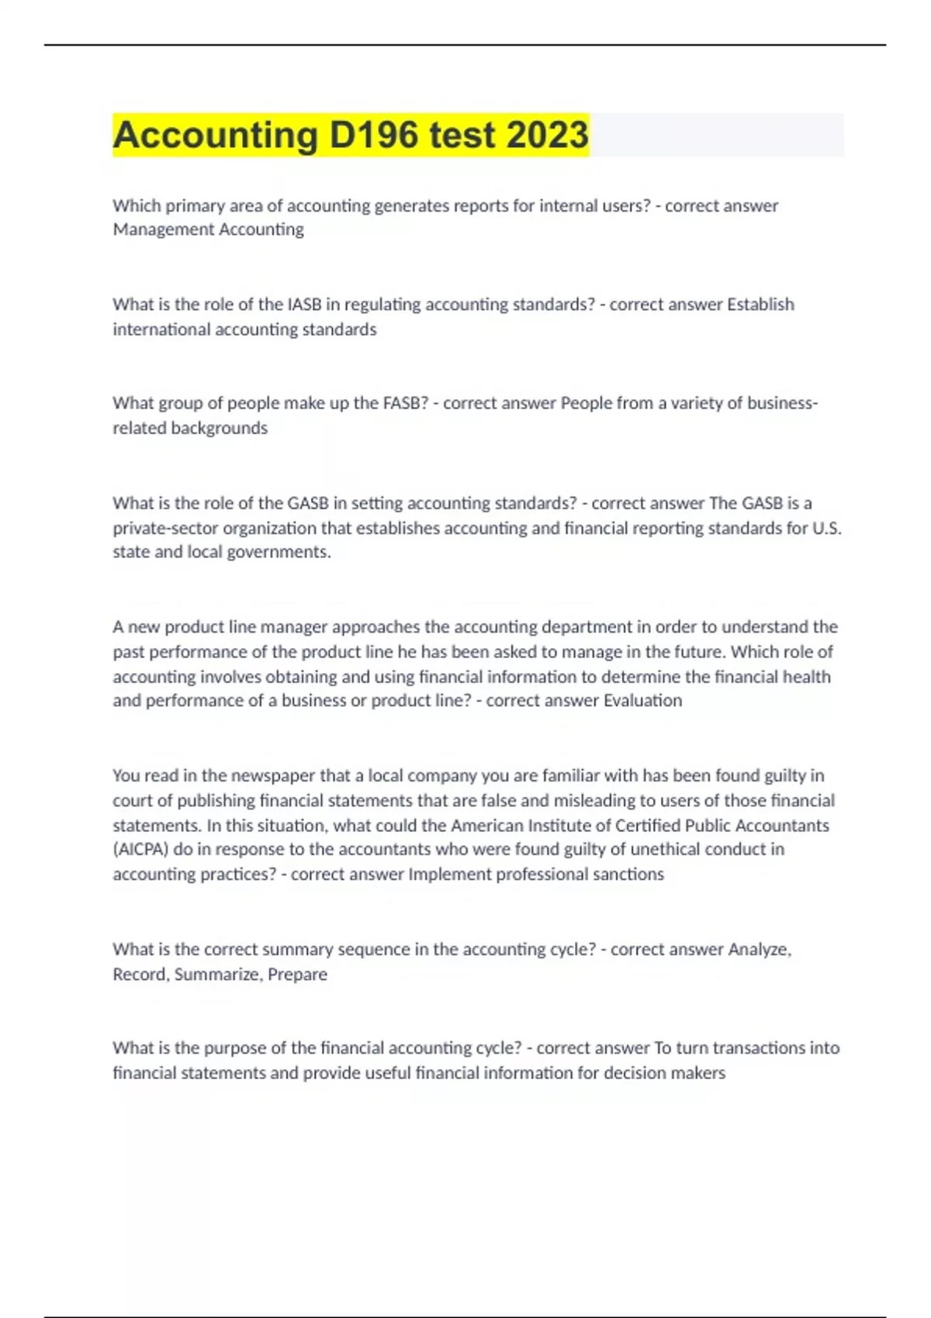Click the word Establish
pyautogui.click(x=760, y=304)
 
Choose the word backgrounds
pyautogui.click(x=219, y=428)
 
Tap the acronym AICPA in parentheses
pyautogui.click(x=140, y=850)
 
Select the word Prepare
pyautogui.click(x=297, y=975)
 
